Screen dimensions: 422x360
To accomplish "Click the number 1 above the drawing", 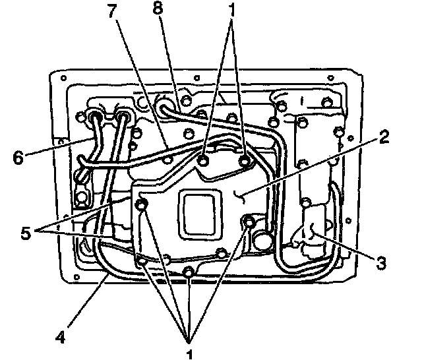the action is (231, 12).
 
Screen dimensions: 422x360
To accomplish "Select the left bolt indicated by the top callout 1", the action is (204, 160).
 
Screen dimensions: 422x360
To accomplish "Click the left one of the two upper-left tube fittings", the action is (98, 117).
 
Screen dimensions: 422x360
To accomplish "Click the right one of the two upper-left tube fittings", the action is (123, 117).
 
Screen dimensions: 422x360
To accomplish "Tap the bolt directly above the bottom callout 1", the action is (189, 272).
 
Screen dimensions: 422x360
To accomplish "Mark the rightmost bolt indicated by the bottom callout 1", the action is (249, 222).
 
